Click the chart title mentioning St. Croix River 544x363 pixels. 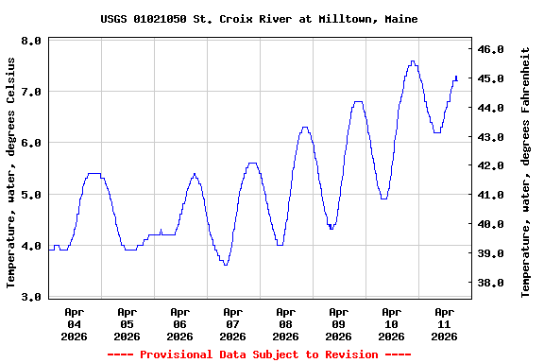coord(259,19)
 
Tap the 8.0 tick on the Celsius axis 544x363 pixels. coord(30,42)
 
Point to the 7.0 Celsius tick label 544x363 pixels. coord(30,93)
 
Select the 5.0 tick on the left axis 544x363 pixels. coord(30,195)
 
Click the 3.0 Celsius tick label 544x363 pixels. coord(30,297)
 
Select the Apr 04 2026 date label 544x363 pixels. coord(74,323)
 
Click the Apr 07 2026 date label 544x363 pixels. coord(232,323)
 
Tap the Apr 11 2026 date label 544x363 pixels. coord(444,323)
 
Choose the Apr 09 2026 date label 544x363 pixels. coord(338,323)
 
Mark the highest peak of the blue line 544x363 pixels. coord(413,61)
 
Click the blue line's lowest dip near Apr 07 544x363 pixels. coord(226,265)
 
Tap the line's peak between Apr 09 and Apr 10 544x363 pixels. coord(358,101)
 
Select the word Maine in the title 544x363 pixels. coord(401,19)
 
